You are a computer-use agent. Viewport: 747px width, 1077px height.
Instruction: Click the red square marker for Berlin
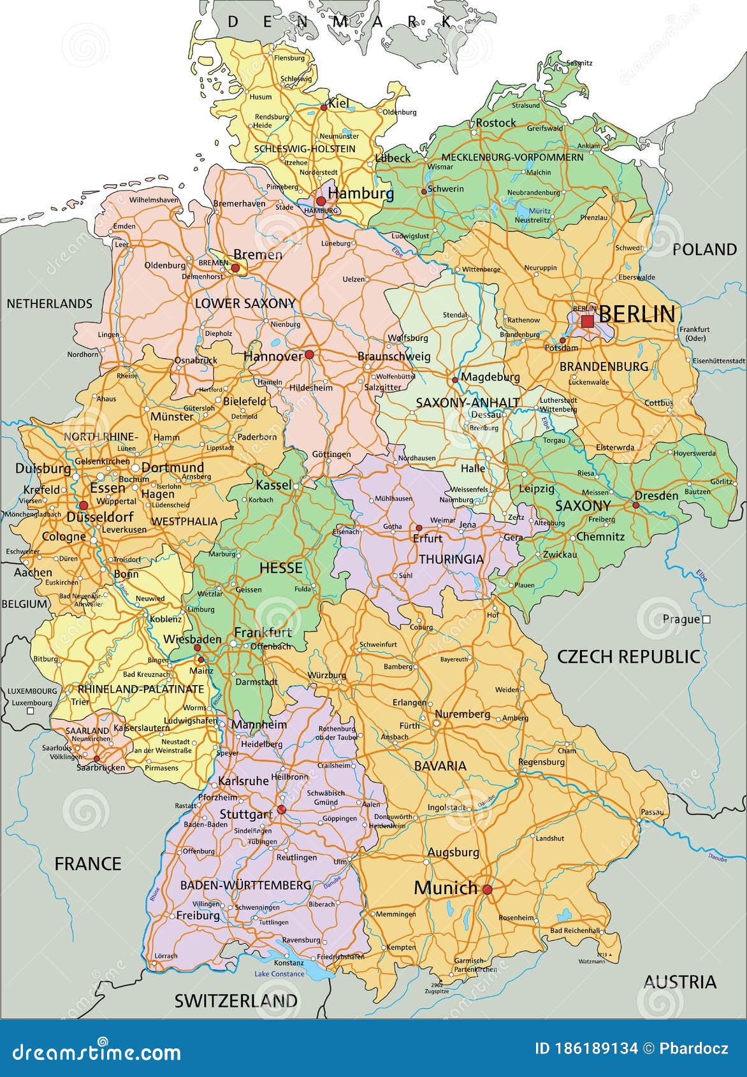point(587,321)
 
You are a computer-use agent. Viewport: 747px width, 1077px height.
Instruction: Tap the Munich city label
point(446,887)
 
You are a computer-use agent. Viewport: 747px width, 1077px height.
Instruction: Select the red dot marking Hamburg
point(321,201)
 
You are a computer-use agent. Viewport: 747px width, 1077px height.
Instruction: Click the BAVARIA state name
point(440,765)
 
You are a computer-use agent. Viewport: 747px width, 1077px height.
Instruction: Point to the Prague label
point(681,619)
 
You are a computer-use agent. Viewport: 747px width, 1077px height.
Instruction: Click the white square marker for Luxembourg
point(30,710)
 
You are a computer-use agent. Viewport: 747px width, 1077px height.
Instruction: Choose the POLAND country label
point(704,249)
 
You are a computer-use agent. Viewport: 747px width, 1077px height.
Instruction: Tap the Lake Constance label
point(279,974)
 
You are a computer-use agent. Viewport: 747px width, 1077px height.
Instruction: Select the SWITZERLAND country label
point(236,1001)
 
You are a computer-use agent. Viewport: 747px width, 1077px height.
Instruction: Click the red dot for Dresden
point(635,505)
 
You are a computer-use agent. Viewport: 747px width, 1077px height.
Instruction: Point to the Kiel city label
point(338,103)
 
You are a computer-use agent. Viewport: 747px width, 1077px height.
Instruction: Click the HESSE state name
point(280,567)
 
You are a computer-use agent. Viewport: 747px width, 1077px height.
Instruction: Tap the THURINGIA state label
point(451,559)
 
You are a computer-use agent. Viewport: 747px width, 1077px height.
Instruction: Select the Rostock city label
point(496,122)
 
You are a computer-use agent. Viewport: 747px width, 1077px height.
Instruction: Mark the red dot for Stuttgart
point(281,810)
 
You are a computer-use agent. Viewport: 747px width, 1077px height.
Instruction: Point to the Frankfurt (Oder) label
point(695,333)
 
